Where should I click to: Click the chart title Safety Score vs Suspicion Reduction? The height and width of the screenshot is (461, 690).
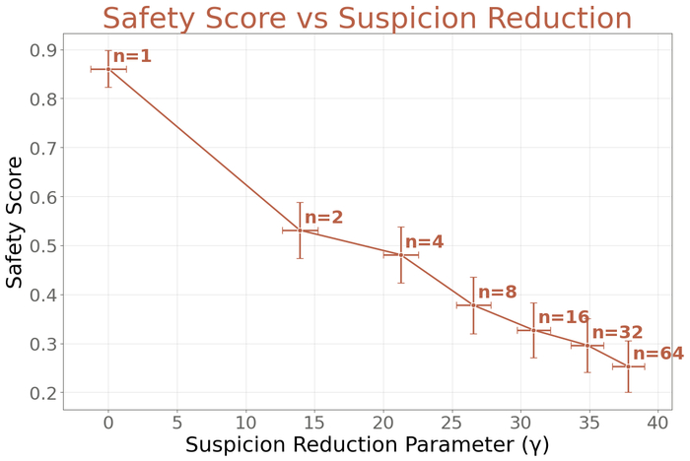367,19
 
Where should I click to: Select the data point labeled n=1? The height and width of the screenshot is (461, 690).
108,69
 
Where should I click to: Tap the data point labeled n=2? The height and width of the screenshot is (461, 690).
300,230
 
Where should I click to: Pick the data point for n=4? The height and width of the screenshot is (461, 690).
401,255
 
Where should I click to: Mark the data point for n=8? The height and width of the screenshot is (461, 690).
473,305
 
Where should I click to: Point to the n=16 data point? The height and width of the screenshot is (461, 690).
533,330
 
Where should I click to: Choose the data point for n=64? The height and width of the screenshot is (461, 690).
628,366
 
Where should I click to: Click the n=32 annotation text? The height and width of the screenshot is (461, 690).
617,333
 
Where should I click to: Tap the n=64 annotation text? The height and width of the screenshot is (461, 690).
657,354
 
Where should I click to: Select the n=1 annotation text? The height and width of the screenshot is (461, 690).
132,56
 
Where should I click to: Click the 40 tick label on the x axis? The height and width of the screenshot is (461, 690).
656,423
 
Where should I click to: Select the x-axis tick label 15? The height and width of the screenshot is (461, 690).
313,423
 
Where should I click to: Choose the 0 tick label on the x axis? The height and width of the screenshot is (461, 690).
108,423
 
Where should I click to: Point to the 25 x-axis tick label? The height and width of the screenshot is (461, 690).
450,423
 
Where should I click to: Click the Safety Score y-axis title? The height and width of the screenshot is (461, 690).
15,223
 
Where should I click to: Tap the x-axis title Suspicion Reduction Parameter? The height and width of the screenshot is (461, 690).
367,445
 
